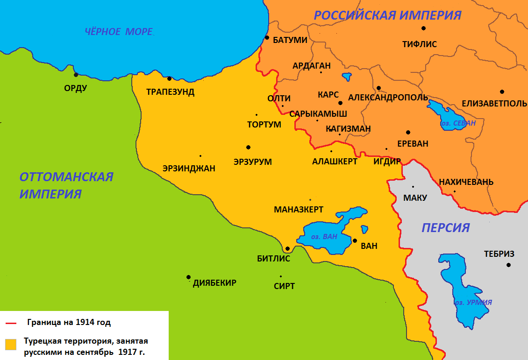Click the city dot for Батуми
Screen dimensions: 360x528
[x=267, y=37]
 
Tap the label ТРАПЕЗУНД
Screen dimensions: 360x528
[x=170, y=92]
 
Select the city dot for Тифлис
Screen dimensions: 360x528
[x=423, y=28]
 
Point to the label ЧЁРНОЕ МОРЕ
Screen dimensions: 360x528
[x=119, y=32]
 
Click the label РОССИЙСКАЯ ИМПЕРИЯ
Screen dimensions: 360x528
[x=387, y=15]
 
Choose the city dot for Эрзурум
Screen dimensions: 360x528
[x=248, y=147]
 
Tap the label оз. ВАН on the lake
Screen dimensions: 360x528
[x=324, y=237]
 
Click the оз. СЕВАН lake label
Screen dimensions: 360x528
[x=458, y=123]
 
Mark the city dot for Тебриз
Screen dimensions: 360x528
[x=508, y=265]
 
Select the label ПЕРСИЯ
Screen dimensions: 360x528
[x=445, y=227]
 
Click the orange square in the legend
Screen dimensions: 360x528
[x=10, y=344]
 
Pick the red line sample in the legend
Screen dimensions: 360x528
[x=10, y=323]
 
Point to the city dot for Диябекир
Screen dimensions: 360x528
[x=188, y=277]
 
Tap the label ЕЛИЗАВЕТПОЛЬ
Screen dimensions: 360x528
[x=494, y=104]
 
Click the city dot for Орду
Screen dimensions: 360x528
[x=76, y=74]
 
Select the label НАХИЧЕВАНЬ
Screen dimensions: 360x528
[x=466, y=182]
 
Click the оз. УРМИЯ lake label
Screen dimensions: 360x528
[x=473, y=302]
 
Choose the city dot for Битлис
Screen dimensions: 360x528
[x=287, y=248]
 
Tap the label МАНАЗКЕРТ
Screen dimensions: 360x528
[x=298, y=210]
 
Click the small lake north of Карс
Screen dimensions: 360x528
[x=347, y=76]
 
